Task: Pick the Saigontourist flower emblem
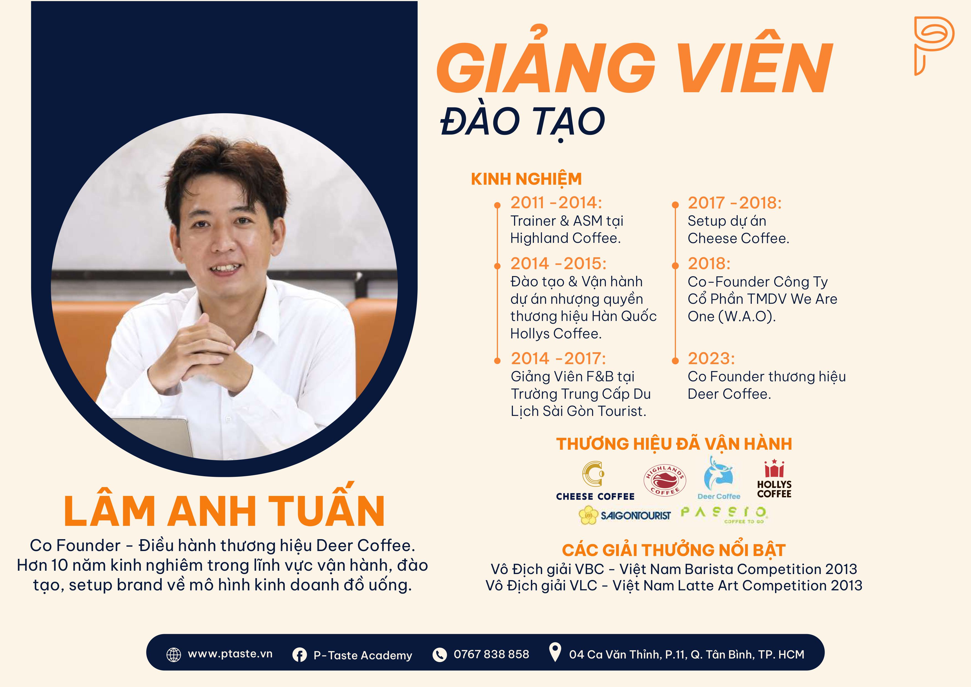click(588, 515)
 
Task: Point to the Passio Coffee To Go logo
click(724, 515)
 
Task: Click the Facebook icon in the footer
click(299, 655)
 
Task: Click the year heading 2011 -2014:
click(556, 203)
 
